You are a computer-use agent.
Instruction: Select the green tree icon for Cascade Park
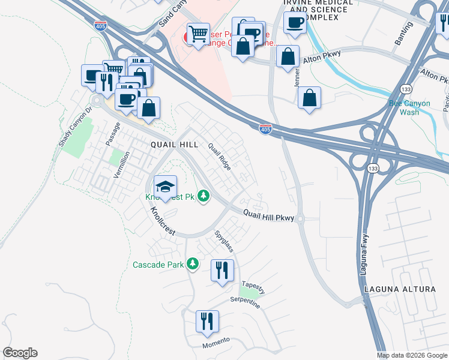(x=193, y=264)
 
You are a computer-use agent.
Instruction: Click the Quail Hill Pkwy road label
(x=268, y=216)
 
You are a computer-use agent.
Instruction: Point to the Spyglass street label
(x=224, y=239)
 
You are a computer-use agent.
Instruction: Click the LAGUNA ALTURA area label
(x=400, y=289)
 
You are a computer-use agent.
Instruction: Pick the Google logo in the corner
(x=20, y=353)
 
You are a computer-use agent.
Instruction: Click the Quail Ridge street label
(x=219, y=156)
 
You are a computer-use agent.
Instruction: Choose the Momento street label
(x=215, y=341)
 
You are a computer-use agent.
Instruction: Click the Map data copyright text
(x=411, y=355)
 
